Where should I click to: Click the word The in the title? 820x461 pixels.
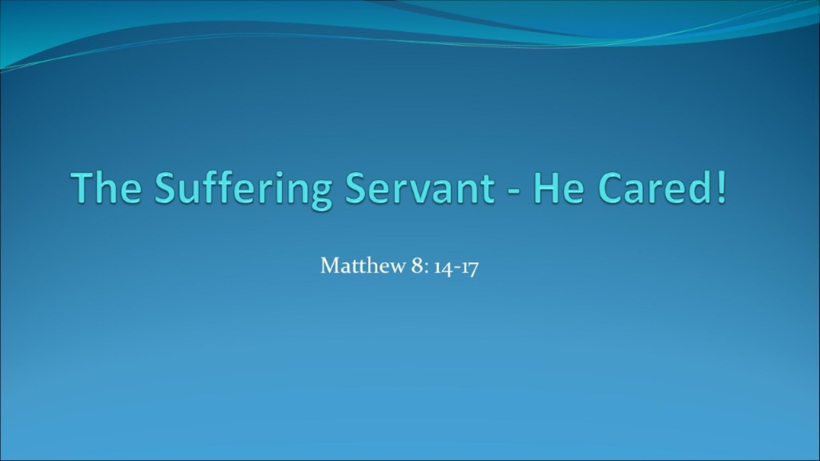(x=107, y=187)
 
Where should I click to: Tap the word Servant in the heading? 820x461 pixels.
(x=420, y=187)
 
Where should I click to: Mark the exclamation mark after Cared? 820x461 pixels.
(x=720, y=187)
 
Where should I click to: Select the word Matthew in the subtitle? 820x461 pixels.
(x=363, y=266)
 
